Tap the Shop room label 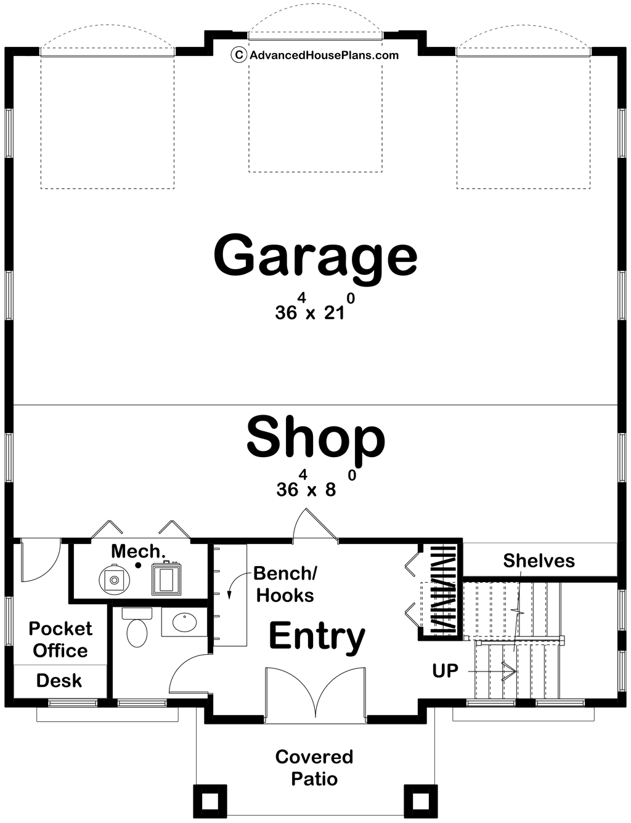click(315, 437)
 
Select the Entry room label click(317, 636)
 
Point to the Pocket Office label click(60, 639)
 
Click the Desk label click(59, 681)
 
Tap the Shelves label click(539, 561)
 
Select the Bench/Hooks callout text click(285, 584)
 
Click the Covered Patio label click(314, 768)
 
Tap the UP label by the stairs click(445, 670)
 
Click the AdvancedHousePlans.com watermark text click(324, 55)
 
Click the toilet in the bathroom click(137, 631)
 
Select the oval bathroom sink click(184, 622)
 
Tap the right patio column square click(420, 801)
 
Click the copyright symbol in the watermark click(238, 55)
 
